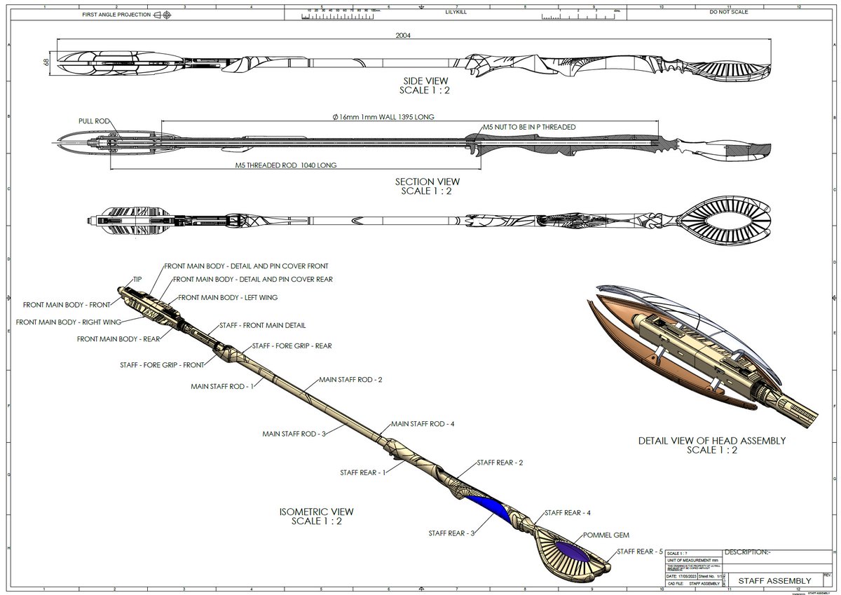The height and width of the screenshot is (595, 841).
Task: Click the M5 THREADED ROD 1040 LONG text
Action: click(x=287, y=165)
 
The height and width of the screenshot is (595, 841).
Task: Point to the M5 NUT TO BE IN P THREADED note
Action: click(x=529, y=127)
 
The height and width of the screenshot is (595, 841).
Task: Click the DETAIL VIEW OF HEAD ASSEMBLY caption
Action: click(x=711, y=441)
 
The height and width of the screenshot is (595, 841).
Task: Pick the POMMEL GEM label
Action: click(x=600, y=534)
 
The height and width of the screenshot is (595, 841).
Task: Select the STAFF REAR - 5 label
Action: click(x=639, y=552)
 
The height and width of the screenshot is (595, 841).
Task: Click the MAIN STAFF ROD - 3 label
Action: click(x=294, y=434)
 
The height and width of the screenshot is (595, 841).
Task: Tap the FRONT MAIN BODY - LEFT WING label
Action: click(x=228, y=297)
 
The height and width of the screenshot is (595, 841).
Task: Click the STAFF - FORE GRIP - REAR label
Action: click(x=292, y=346)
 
